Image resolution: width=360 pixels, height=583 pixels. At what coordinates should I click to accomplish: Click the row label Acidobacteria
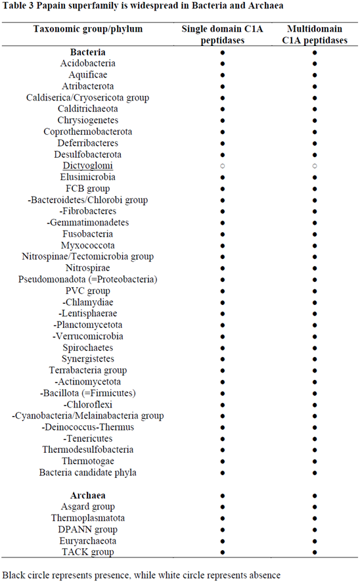coord(87,63)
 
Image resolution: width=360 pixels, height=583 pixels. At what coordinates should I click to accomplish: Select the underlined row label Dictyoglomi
coord(87,166)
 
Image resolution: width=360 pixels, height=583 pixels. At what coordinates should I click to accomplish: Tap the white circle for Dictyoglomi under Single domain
coord(223,166)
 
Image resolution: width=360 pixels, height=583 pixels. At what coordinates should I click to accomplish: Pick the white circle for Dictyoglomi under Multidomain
coord(315,166)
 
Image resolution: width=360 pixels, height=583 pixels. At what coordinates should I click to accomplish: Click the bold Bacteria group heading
coord(87,52)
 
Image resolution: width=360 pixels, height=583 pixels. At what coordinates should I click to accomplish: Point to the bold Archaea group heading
coord(87,495)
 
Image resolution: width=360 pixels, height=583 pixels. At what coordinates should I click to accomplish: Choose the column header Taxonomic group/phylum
coord(87,30)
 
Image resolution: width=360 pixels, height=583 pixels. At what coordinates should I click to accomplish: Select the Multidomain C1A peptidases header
coord(314,35)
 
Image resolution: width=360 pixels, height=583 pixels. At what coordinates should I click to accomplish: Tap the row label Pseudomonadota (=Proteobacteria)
coord(87,279)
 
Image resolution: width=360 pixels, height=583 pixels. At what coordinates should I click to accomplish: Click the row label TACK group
coord(87,552)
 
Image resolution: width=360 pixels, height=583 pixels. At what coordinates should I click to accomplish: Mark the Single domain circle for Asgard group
coord(223,507)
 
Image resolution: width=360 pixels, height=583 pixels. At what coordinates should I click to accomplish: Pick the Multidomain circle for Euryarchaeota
coord(315,541)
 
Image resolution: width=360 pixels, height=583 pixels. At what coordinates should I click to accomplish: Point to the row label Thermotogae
coord(87,461)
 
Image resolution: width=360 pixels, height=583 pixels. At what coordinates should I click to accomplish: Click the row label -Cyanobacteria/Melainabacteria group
coord(87,415)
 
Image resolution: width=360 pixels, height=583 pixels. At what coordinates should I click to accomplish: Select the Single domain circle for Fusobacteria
coord(223,234)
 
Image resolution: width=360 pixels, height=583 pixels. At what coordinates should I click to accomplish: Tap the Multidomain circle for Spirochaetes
coord(315,348)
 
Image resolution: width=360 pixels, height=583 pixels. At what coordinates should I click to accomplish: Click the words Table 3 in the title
coord(19,6)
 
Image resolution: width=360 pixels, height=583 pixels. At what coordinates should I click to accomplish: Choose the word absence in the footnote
coord(261,574)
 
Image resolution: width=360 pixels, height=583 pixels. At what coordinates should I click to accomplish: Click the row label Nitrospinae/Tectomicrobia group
coord(87,256)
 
